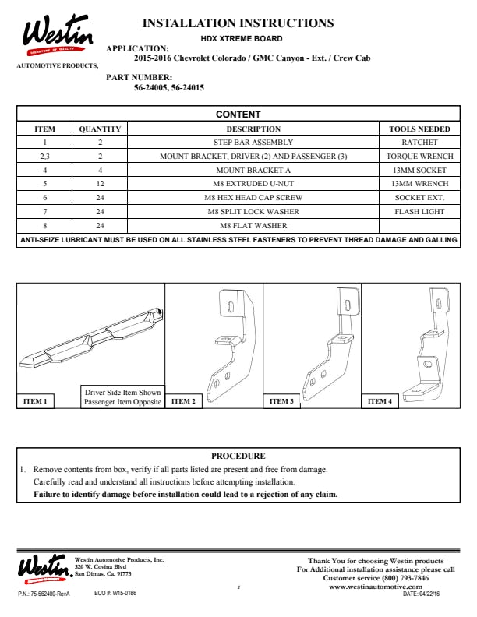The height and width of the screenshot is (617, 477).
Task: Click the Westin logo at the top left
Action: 58,35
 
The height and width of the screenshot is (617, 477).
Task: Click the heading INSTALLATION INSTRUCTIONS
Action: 238,23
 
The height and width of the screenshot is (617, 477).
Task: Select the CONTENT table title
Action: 238,114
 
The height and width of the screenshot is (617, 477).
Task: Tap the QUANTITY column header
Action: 100,129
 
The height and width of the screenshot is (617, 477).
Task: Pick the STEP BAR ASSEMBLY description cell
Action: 253,143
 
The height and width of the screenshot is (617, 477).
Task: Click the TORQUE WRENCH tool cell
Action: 419,157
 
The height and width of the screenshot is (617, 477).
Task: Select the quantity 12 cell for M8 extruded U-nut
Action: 100,184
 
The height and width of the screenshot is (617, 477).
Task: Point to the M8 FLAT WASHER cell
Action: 253,226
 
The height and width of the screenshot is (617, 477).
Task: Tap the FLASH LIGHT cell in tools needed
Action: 419,212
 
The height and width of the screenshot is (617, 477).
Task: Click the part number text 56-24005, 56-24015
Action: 169,88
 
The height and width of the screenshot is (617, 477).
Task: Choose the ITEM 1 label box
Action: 35,401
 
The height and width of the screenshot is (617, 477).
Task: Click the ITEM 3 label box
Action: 281,401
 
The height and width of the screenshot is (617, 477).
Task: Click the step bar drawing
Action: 91,338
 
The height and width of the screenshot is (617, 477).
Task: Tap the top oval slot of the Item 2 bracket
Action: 231,306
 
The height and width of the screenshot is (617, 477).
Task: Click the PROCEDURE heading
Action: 238,456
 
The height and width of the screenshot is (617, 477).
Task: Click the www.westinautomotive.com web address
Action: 376,587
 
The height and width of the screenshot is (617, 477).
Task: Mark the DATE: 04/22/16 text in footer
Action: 421,594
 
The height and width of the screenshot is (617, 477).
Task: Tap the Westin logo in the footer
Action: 45,568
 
